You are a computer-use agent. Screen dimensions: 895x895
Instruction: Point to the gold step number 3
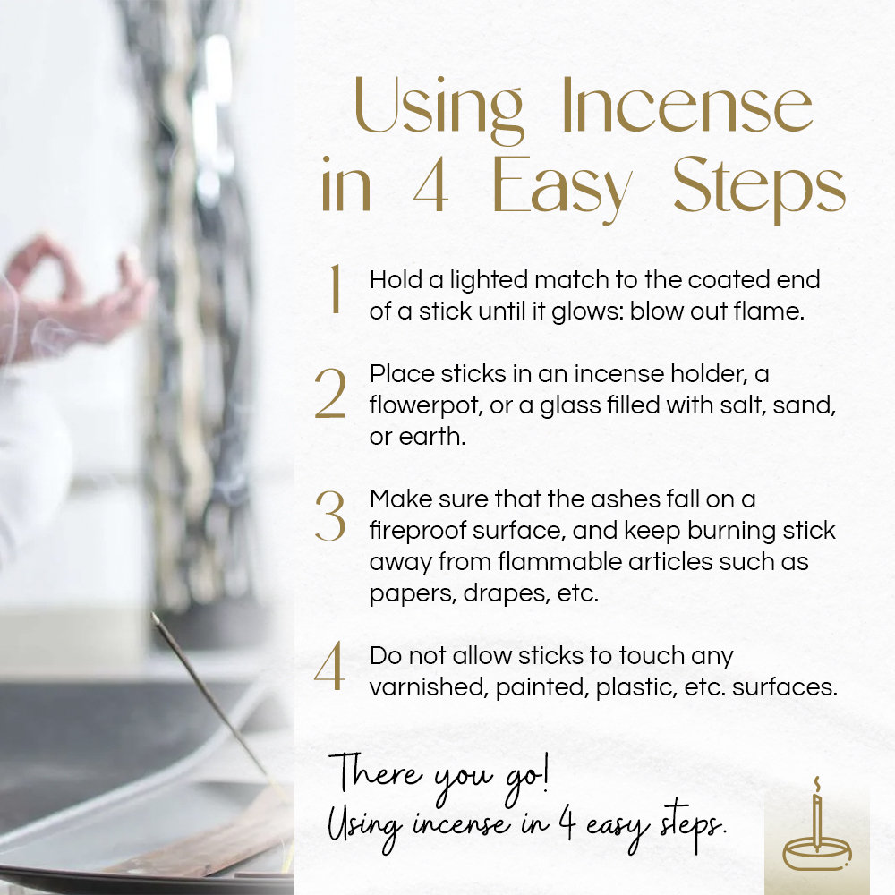(329, 516)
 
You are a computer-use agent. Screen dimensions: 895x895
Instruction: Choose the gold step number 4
(329, 670)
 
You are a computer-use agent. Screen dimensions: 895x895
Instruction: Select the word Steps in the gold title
(758, 190)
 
